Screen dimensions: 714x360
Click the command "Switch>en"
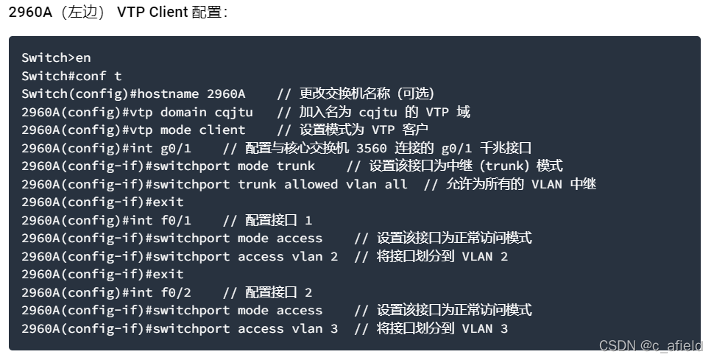56,57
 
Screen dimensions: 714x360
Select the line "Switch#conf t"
71,76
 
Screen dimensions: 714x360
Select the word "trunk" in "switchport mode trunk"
295,166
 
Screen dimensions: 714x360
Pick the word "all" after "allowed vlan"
396,184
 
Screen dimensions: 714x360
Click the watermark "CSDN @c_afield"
651,345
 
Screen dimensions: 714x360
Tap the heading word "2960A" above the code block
29,13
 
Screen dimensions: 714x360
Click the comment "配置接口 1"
279,220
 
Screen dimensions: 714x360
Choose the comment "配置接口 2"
279,292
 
